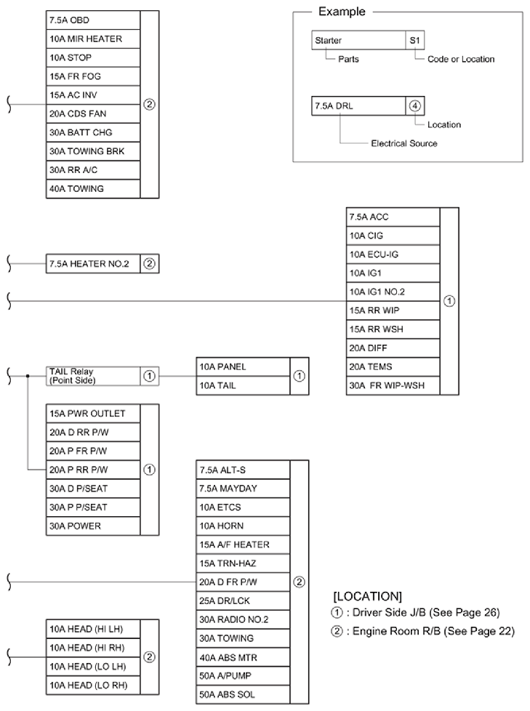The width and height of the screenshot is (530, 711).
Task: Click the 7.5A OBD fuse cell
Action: tap(92, 20)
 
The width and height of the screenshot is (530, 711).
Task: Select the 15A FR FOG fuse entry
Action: tap(92, 76)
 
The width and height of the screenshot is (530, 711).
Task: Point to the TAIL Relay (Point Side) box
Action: tap(92, 376)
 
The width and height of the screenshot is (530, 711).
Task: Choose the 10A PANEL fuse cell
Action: tap(243, 366)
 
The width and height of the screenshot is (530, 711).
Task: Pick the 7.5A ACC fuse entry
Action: tap(393, 217)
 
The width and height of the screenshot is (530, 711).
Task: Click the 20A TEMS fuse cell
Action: tap(393, 366)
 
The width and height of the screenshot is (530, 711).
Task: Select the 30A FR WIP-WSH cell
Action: tap(393, 385)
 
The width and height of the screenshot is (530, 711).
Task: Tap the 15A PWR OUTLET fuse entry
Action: tap(92, 414)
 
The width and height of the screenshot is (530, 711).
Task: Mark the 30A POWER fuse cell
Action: tap(92, 526)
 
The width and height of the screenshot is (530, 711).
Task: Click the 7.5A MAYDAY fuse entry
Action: tap(243, 489)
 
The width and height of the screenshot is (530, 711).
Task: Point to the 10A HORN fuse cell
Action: tap(243, 526)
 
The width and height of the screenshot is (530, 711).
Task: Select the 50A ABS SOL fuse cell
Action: tap(243, 695)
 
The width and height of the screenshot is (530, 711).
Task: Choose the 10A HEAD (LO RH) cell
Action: tap(92, 685)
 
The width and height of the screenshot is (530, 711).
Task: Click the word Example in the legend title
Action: tap(342, 12)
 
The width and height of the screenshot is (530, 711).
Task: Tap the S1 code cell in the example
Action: tap(415, 41)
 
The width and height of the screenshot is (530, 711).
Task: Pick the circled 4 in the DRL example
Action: tap(415, 105)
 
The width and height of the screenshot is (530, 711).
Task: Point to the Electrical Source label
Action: tap(403, 143)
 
